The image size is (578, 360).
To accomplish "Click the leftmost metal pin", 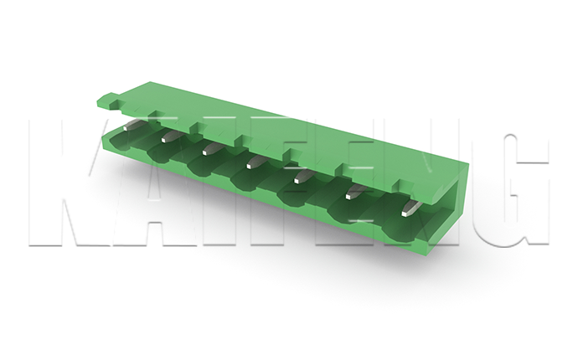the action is tap(129, 126).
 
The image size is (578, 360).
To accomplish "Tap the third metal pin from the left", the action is tap(211, 150).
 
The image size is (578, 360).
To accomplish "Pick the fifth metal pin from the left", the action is tap(303, 177).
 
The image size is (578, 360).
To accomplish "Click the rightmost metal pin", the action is tap(412, 209).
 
